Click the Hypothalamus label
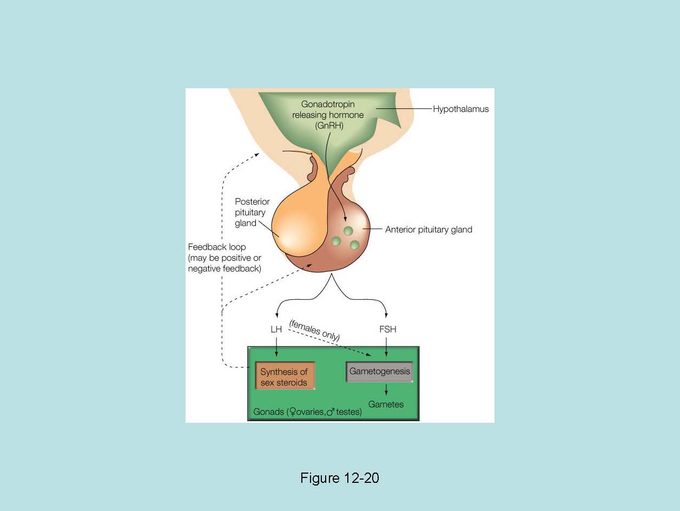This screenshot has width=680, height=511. (x=460, y=109)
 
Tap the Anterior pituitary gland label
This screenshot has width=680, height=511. (x=428, y=230)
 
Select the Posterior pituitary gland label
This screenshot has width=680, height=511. (x=252, y=212)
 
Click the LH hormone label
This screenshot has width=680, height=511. (x=276, y=329)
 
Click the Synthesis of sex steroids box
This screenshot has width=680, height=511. (x=285, y=377)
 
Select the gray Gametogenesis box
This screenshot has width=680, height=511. (x=379, y=372)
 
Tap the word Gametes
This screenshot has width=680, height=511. (x=386, y=404)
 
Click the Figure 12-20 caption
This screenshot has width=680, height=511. (x=340, y=479)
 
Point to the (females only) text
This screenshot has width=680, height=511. (x=315, y=330)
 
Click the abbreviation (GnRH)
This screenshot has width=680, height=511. (x=328, y=126)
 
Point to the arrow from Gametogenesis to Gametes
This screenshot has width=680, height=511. (x=386, y=390)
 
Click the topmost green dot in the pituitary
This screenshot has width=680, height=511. (x=348, y=231)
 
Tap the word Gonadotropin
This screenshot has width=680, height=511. (x=328, y=104)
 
